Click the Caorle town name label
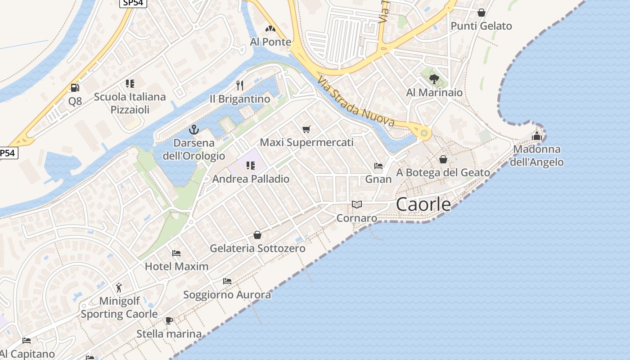[x=423, y=205]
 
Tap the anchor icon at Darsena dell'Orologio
[x=194, y=130]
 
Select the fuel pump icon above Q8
[x=75, y=88]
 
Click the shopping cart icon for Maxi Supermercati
[x=306, y=130]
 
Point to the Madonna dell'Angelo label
[x=536, y=156]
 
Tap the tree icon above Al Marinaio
[x=434, y=80]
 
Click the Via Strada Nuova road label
[x=355, y=102]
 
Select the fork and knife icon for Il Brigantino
[x=240, y=85]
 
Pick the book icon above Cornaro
[x=357, y=205]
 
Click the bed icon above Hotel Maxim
[x=176, y=253]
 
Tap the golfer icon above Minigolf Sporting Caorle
[x=119, y=288]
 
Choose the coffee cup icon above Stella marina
[x=169, y=321]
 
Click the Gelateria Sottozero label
[x=257, y=248]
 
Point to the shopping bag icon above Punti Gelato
[x=481, y=13]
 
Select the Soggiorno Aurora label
[x=227, y=295]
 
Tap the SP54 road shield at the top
[x=133, y=3]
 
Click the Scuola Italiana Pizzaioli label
[x=130, y=103]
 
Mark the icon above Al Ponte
[x=270, y=29]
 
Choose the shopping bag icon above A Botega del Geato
[x=443, y=159]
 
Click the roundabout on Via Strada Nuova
[x=423, y=133]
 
